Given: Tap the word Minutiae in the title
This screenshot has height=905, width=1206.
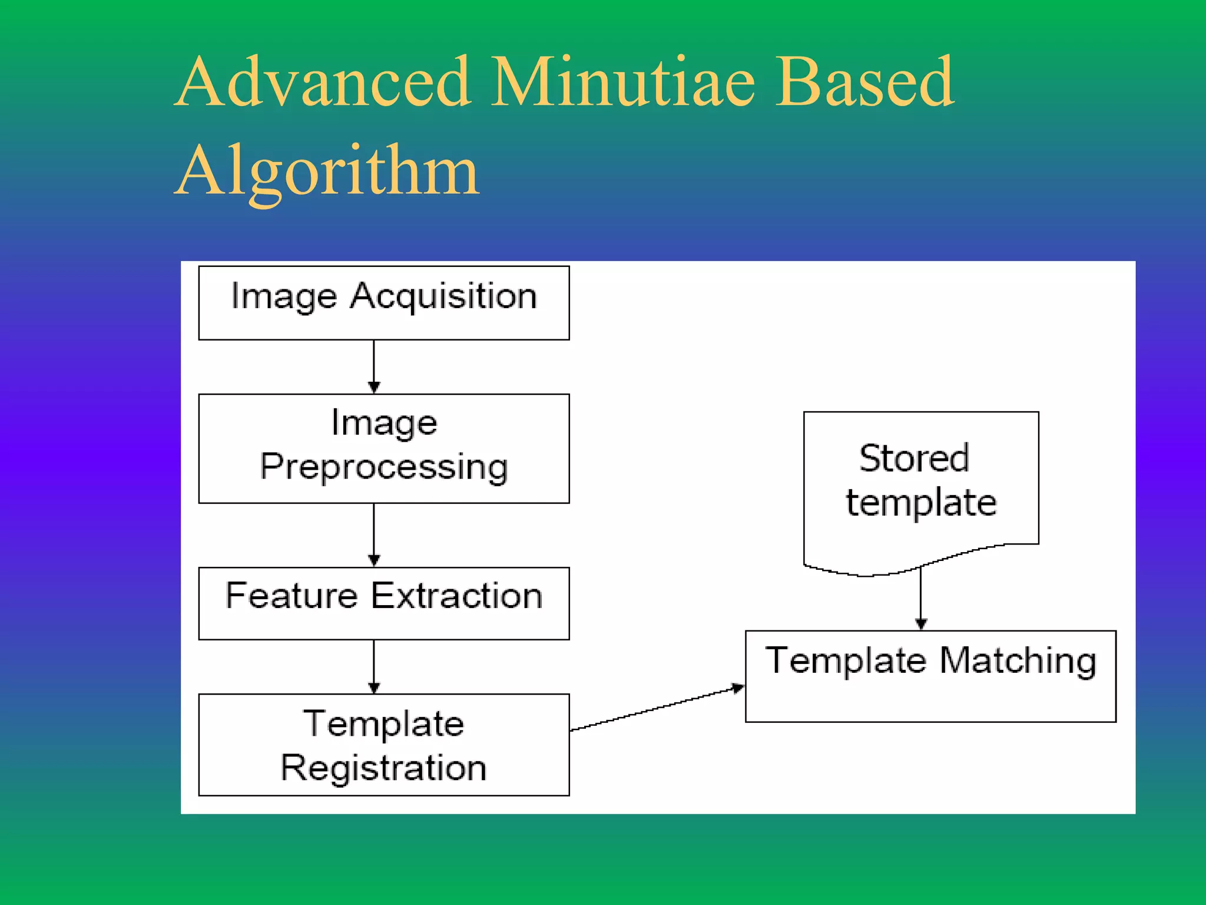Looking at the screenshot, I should pos(622,82).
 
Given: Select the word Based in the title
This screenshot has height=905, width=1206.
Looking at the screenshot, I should pos(864,82).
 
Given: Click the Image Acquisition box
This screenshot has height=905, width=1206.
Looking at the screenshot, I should pos(384,303).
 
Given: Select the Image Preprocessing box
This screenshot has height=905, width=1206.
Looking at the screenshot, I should pos(384,448).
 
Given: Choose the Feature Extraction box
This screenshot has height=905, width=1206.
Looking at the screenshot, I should pos(384,603).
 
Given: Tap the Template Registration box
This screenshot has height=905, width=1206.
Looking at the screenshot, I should pos(384,745).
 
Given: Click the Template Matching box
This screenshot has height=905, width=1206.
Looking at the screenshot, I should pos(930,676).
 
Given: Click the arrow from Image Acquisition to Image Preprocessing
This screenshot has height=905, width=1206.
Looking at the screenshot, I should pos(374,366).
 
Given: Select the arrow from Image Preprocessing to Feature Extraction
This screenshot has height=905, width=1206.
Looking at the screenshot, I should pos(374,535).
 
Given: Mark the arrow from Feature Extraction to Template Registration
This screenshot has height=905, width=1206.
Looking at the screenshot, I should pos(374,666).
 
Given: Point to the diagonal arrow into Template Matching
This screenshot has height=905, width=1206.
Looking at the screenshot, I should pos(657,709).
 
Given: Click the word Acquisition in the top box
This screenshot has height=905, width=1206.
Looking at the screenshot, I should pos(443,296).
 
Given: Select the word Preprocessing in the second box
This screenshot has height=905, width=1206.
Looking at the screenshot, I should pos(384,468).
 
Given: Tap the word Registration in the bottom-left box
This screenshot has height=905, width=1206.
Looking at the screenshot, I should pos(384,768).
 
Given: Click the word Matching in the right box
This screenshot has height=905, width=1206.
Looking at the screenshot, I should pos(1018,661).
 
